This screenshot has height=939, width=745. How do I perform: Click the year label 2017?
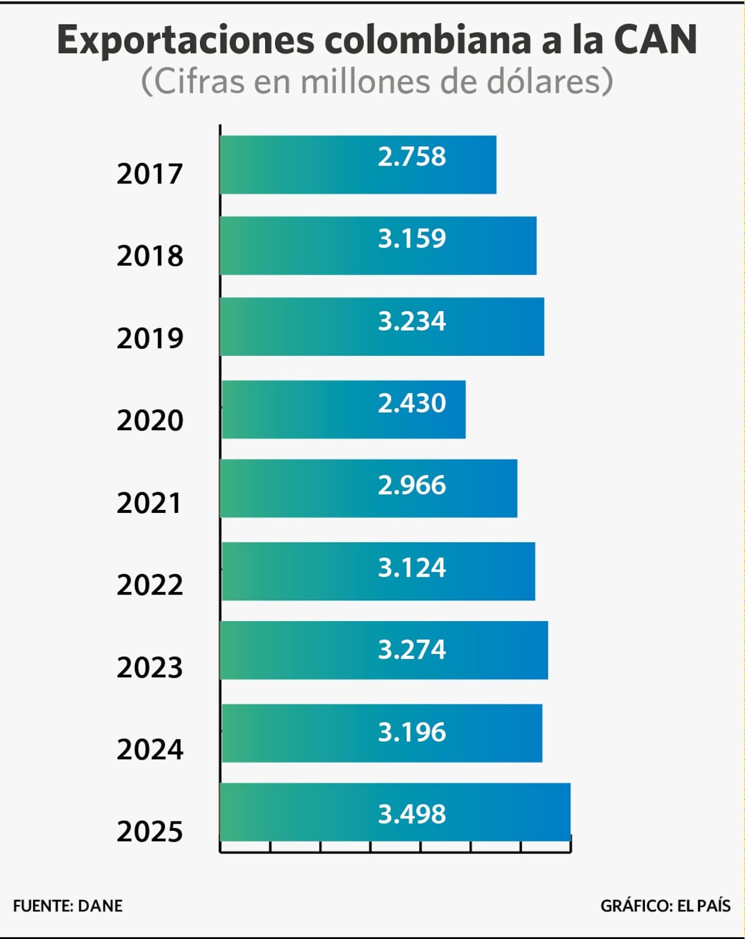pyautogui.click(x=150, y=173)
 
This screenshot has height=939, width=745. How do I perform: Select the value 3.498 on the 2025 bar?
pyautogui.click(x=411, y=814)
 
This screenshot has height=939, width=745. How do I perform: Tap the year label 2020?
pyautogui.click(x=150, y=420)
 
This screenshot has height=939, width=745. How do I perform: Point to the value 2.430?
pyautogui.click(x=411, y=403)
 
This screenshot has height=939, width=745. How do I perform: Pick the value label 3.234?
pyautogui.click(x=411, y=321)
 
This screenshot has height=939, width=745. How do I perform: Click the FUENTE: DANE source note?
pyautogui.click(x=68, y=906)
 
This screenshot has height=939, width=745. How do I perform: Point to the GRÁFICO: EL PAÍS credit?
pyautogui.click(x=665, y=906)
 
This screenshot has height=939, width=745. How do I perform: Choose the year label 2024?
pyautogui.click(x=150, y=749)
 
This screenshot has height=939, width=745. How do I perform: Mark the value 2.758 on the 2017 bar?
pyautogui.click(x=411, y=157)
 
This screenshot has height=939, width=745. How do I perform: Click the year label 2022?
pyautogui.click(x=150, y=584)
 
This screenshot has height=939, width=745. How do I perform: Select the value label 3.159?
pyautogui.click(x=411, y=238)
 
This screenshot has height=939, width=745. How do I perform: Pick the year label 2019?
pyautogui.click(x=150, y=338)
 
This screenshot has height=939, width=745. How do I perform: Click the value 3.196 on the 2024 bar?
pyautogui.click(x=411, y=732)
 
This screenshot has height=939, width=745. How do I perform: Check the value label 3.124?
pyautogui.click(x=411, y=568)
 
